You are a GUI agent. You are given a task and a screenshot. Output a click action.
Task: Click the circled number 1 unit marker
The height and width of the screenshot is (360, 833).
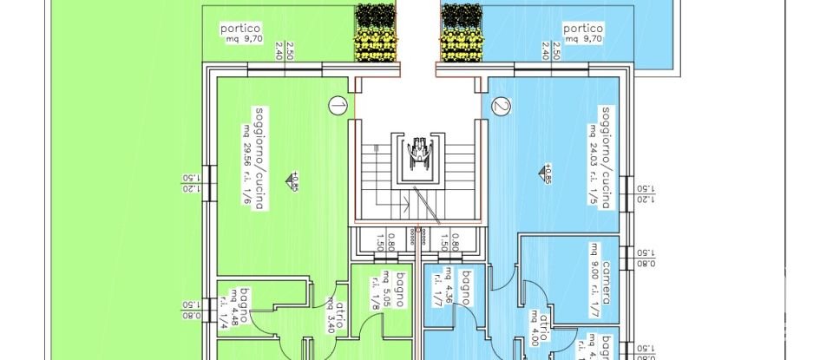pos(338,106)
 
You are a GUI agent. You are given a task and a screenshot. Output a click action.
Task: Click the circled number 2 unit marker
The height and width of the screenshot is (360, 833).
pos(501,106)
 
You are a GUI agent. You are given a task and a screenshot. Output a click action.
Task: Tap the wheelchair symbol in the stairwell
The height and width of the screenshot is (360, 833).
pos(418,153)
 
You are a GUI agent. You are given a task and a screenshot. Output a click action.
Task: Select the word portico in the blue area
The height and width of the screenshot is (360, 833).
pos(582,28)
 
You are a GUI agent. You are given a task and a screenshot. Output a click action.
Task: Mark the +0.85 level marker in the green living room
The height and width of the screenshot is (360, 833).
pos(295,180)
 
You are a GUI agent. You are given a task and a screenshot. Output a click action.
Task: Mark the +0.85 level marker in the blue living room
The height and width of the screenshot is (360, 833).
pos(547,173)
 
